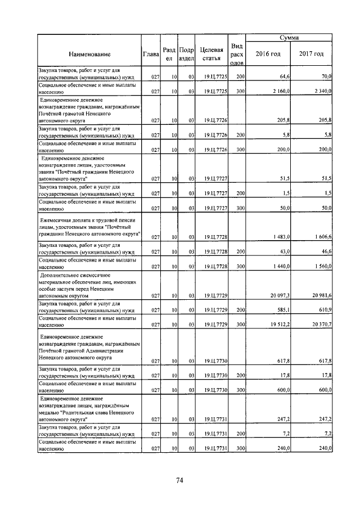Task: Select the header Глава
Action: (151, 53)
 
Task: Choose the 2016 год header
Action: (268, 53)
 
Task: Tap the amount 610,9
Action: (325, 310)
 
